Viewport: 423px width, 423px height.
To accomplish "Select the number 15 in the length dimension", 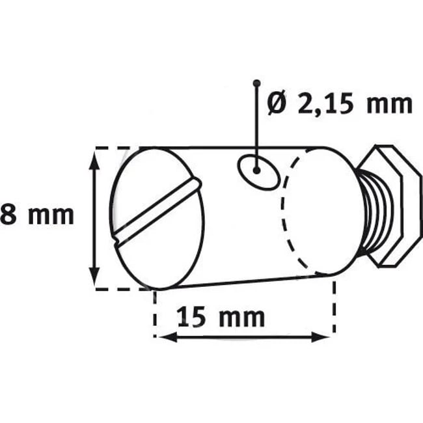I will tap(190, 318).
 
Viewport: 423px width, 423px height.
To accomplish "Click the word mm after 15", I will tap(242, 318).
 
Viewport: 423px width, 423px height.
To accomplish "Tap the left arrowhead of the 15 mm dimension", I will tap(163, 336).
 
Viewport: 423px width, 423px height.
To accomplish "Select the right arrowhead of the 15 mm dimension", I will tap(325, 336).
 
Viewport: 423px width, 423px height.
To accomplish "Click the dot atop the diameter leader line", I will tap(257, 83).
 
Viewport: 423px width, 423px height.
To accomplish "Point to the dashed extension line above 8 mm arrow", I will tap(120, 148).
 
